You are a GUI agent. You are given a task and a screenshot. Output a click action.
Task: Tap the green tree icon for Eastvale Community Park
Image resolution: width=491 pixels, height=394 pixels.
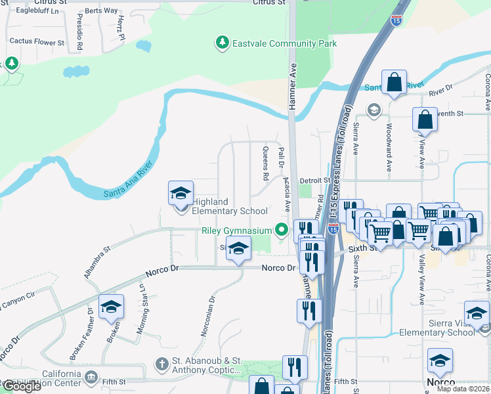point(223,43)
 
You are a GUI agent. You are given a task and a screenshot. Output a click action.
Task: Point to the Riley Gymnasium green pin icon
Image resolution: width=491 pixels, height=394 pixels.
point(282,230)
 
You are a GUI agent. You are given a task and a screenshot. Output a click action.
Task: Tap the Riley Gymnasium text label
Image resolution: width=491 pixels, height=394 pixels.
point(236,231)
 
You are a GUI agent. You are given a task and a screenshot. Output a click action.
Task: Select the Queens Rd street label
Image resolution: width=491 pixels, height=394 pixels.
point(265,164)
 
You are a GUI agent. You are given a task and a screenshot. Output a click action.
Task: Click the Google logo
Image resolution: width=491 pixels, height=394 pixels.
point(21,387)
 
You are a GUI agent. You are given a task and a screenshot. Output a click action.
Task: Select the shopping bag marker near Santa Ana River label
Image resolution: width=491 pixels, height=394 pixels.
point(394,83)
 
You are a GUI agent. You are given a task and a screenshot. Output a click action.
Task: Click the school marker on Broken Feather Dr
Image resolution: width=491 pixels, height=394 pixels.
point(111,307)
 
